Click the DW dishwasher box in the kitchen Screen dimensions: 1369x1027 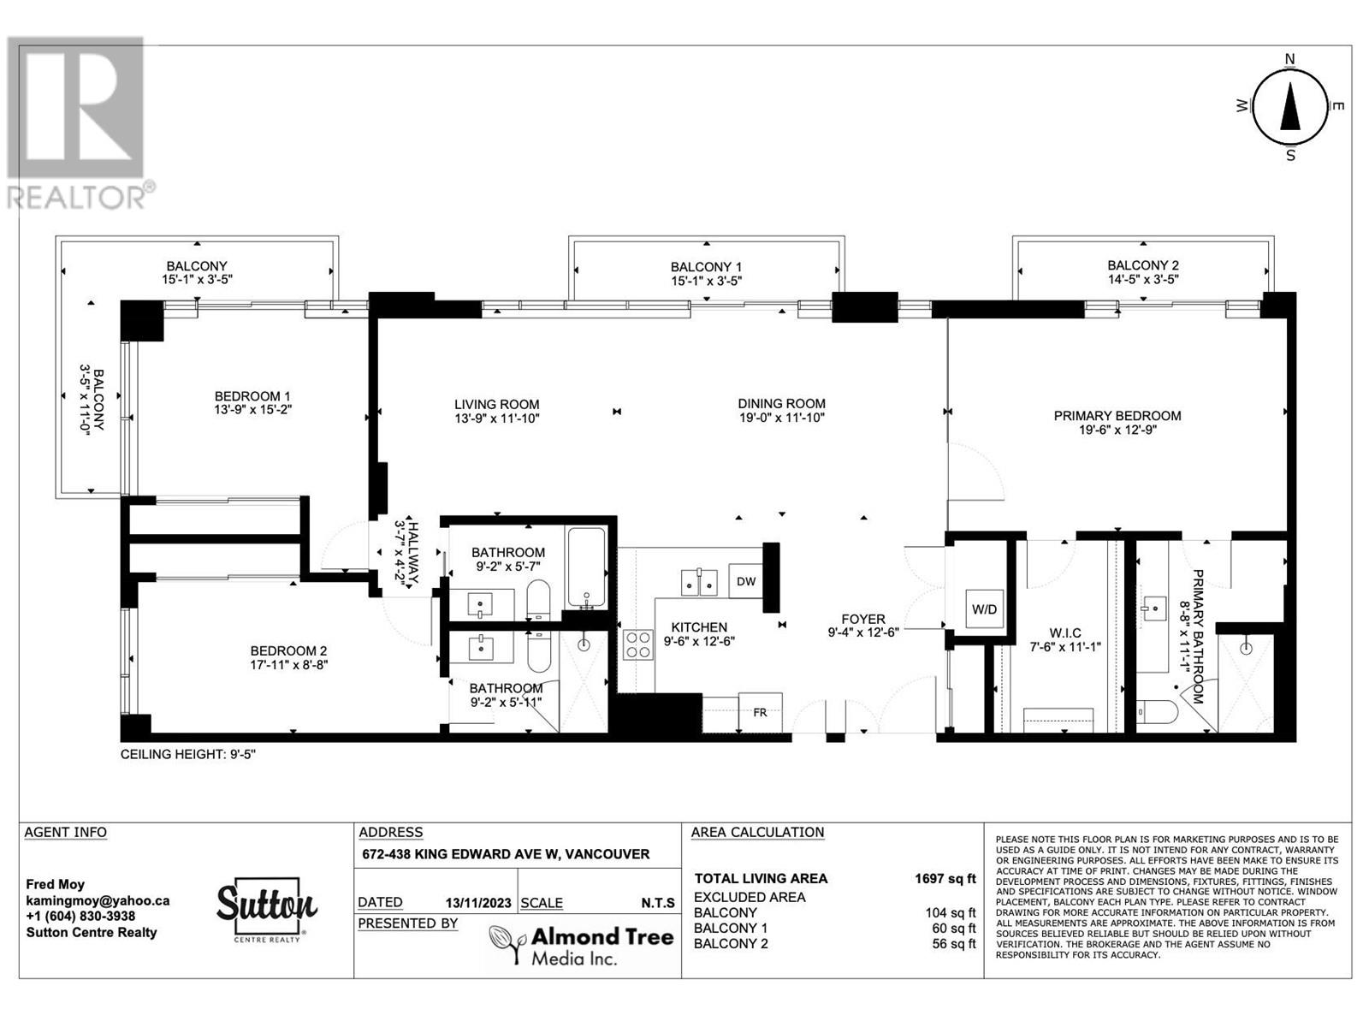745,581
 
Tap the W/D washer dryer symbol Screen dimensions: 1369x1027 984,609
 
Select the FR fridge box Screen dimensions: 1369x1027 761,712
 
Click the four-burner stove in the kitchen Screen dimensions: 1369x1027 638,644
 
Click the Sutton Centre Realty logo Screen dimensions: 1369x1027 266,910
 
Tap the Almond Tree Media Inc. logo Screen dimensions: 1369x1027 581,945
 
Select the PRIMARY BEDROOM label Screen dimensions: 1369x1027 1117,416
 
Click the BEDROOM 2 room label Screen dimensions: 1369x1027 288,651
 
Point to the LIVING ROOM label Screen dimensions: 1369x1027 496,405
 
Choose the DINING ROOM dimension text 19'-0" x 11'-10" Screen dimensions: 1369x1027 781,418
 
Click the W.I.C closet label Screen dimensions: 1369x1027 1064,633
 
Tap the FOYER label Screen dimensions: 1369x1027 863,619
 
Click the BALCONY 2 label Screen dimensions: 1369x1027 1143,265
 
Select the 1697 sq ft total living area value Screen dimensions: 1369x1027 945,879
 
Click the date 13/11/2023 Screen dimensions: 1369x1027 478,903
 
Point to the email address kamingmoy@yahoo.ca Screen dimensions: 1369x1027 98,901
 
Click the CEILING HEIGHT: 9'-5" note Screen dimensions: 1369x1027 188,755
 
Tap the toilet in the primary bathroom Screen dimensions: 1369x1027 1156,711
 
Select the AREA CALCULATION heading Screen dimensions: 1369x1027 757,832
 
